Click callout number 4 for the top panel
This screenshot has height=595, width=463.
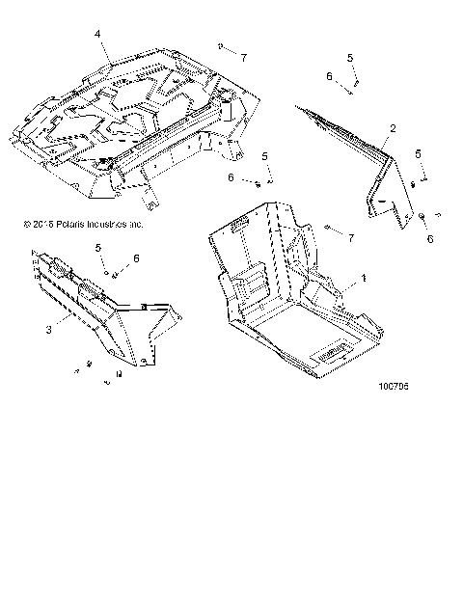97,34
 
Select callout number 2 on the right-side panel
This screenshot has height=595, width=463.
392,128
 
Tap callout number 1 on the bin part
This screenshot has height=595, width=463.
364,278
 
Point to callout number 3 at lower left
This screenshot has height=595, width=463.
47,330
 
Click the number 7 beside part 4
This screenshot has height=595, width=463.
244,57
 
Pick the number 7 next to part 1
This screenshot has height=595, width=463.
352,237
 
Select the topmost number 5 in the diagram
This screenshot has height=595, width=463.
351,58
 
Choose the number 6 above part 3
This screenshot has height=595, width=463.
137,258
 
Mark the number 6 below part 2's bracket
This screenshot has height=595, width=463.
429,238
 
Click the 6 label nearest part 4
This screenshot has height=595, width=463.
231,177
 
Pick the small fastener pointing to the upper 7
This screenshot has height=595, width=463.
223,47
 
